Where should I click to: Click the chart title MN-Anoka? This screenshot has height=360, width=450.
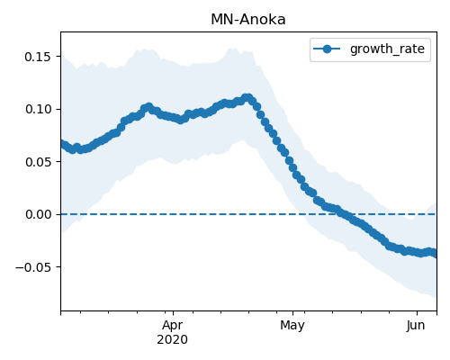tap(248, 20)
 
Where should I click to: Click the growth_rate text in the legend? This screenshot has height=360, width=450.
tap(387, 49)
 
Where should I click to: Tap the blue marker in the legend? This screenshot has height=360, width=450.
tap(327, 49)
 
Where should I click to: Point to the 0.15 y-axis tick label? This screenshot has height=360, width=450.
tap(38, 57)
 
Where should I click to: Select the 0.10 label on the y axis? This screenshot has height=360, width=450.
tap(38, 109)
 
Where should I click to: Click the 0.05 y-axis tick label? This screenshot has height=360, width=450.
tap(38, 162)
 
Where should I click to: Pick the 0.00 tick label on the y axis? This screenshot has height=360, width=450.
tap(38, 214)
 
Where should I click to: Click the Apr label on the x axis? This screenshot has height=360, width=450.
tap(173, 326)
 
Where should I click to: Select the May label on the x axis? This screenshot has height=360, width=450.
tap(292, 326)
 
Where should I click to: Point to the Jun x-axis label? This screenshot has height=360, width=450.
tap(416, 326)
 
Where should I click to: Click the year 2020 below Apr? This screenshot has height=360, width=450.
tap(173, 340)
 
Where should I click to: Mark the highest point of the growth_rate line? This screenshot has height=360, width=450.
tap(247, 98)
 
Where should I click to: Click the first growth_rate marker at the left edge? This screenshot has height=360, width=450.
tap(62, 144)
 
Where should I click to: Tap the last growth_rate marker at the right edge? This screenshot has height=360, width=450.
tap(435, 254)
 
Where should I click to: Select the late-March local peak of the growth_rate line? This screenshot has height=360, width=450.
tap(148, 106)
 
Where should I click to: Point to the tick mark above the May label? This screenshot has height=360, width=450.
tap(293, 313)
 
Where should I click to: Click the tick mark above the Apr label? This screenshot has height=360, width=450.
tap(173, 313)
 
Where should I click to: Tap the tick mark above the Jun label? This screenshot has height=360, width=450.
tap(417, 313)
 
